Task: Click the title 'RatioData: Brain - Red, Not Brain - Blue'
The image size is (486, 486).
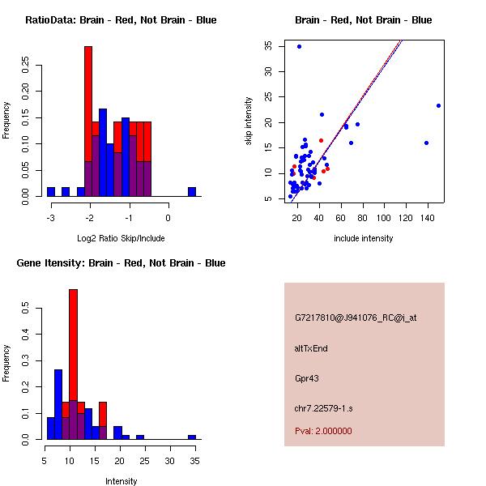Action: click(121, 20)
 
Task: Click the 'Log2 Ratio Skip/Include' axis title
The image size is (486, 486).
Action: click(121, 238)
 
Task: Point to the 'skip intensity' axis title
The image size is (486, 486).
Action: click(249, 122)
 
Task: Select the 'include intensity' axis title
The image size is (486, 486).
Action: click(363, 238)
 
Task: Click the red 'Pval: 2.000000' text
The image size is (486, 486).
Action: click(323, 431)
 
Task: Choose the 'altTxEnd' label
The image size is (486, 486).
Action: click(311, 348)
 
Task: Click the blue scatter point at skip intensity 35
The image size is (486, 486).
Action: click(299, 46)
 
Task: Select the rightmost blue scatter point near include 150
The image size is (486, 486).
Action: click(438, 105)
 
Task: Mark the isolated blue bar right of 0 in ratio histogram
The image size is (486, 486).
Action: click(192, 192)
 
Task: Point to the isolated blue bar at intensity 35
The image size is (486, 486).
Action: click(192, 437)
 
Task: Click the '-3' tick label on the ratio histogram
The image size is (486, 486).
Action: click(50, 218)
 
